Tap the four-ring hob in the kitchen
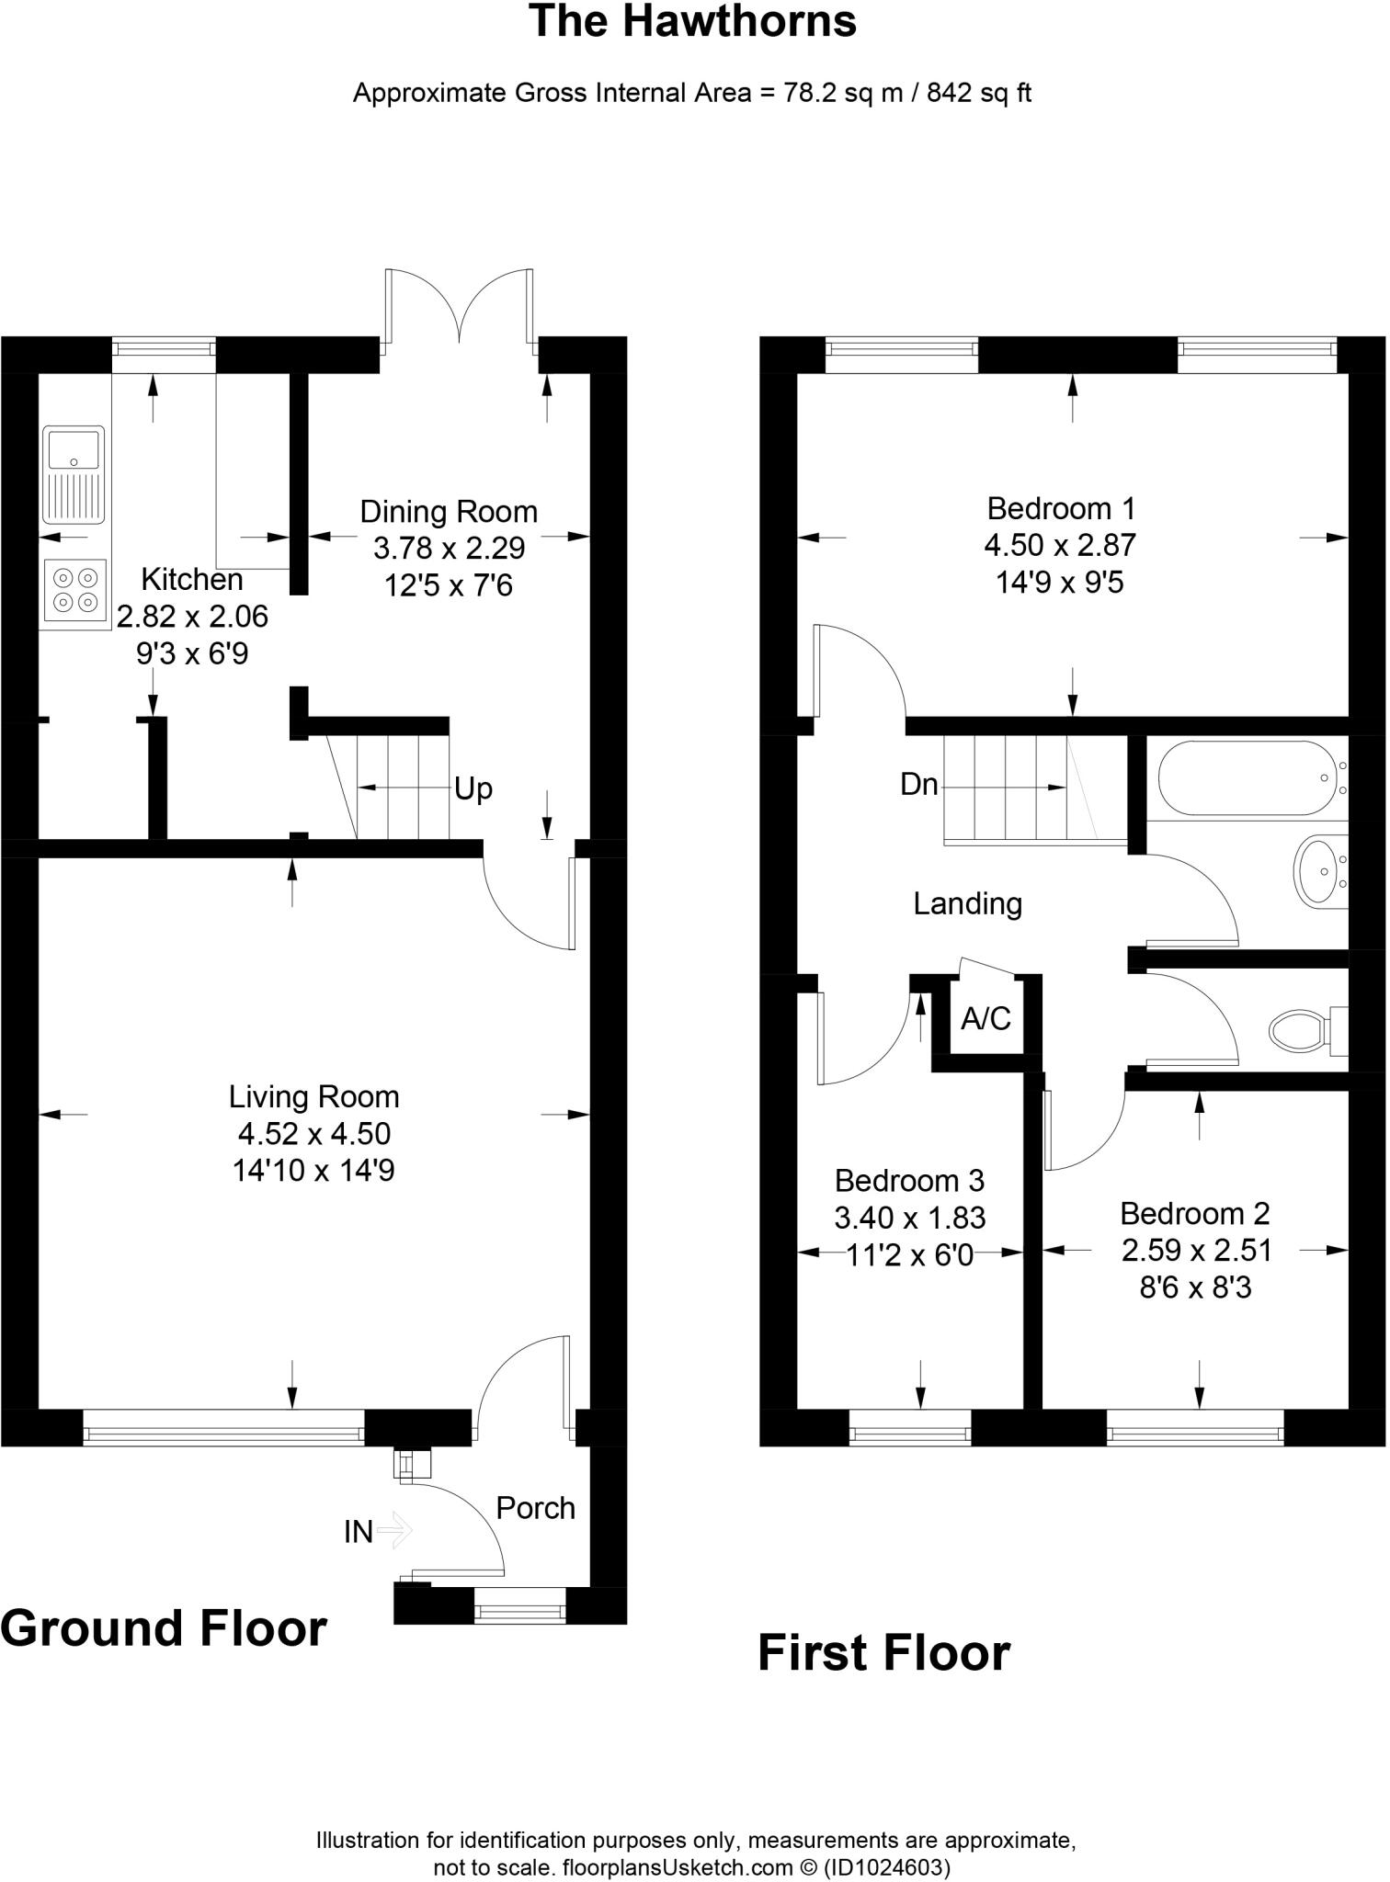pos(74,590)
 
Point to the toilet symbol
pos(1302,1029)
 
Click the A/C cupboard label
pos(986,1018)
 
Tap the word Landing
pos(967,903)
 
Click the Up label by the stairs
pos(473,788)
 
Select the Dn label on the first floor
pos(918,784)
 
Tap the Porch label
pos(535,1508)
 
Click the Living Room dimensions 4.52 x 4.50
pos(314,1134)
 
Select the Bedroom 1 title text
pos(1060,508)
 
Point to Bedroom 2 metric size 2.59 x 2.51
pos(1196,1251)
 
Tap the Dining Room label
pos(449,512)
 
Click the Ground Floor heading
pos(164,1628)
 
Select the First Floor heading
pos(883,1653)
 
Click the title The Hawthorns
pos(692,22)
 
